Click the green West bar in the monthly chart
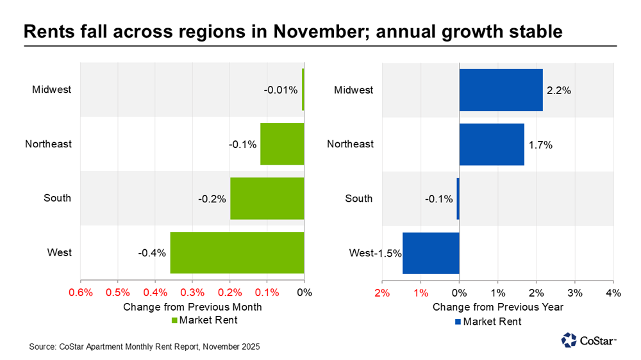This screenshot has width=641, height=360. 237,252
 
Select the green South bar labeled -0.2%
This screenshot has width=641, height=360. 267,199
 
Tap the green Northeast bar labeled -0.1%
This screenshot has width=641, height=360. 282,144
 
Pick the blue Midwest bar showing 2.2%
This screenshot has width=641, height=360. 501,90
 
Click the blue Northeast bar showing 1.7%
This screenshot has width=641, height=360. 492,144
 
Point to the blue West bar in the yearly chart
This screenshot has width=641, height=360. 431,252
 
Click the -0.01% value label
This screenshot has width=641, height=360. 281,90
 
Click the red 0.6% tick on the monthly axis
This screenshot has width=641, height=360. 81,293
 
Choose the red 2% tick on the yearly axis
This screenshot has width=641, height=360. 382,293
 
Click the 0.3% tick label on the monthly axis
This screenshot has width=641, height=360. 192,293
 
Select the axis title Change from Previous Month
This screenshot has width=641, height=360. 192,307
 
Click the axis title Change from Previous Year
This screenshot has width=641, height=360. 498,307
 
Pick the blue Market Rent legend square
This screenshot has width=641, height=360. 458,322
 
